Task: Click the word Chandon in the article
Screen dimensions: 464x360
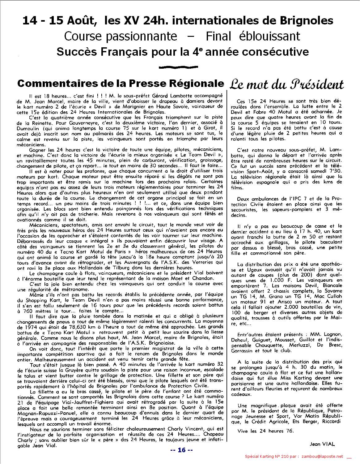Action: click(202, 278)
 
